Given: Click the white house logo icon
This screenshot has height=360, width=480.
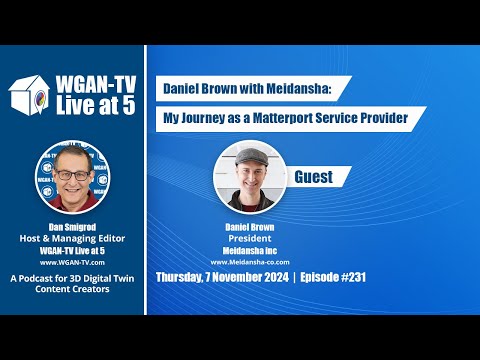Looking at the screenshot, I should point(30,91).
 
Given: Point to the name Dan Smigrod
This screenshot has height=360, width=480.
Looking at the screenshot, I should point(71,227).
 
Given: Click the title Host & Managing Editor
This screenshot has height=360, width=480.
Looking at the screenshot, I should point(71,237).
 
